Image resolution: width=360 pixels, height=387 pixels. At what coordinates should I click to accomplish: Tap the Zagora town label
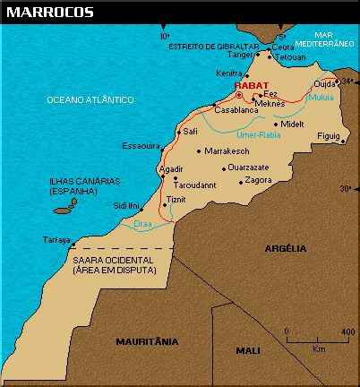click(x=258, y=180)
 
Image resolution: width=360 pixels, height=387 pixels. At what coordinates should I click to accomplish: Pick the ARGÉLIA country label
click(x=287, y=247)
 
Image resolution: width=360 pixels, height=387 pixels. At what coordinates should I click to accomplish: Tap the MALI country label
click(x=248, y=350)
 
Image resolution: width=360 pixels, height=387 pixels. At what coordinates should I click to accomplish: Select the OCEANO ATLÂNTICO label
click(x=90, y=99)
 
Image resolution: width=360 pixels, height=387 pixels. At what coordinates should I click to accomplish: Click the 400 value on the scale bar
click(x=345, y=332)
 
